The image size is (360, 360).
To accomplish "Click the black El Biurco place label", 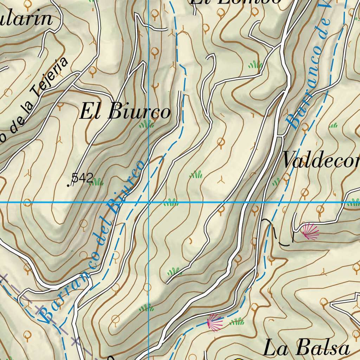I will (125, 112).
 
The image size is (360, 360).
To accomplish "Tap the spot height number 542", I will (82, 178).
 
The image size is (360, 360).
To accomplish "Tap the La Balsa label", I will (307, 348).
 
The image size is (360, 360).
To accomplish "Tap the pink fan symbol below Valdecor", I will (310, 232).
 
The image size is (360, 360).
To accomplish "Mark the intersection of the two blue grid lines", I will (149, 202).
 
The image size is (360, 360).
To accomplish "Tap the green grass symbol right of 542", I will (97, 182).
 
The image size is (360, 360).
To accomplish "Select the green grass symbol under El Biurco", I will (146, 124).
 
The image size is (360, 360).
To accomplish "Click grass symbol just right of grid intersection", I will (171, 202).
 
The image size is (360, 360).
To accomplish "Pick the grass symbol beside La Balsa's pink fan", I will (237, 321).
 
